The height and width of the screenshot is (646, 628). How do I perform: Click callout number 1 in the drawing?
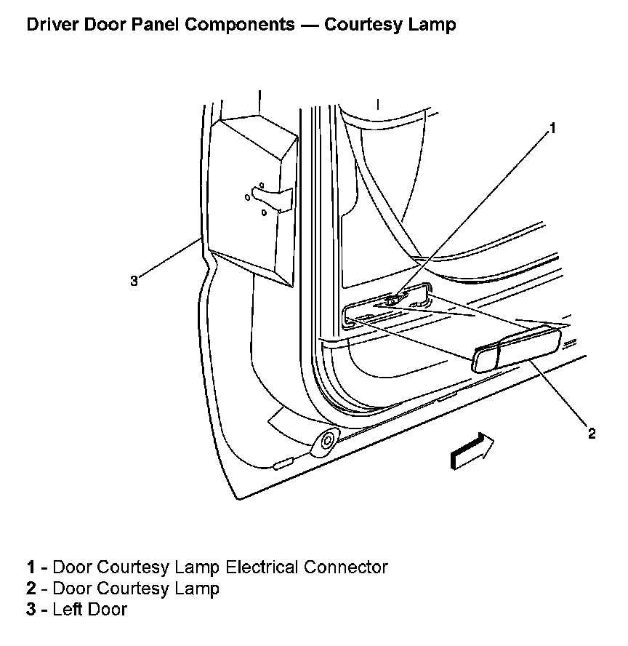coord(552,129)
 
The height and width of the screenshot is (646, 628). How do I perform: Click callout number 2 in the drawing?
coord(592,434)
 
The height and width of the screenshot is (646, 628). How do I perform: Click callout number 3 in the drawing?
coord(134,281)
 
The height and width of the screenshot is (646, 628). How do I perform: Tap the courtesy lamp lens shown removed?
coord(517,349)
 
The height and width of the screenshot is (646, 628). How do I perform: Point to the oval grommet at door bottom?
coord(326,440)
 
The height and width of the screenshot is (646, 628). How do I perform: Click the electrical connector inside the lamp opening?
coord(392,299)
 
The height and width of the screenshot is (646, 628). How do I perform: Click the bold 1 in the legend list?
coord(31,567)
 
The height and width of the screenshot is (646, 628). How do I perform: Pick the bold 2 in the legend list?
coord(31,588)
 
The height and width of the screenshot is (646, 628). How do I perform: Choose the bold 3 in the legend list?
coord(31,609)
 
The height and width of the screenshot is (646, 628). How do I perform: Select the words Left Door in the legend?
coord(89,609)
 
